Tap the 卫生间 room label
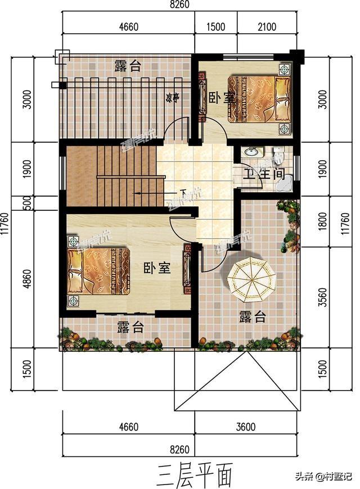263,173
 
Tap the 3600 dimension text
245,427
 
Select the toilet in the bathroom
276,152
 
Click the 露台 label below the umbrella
252,316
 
